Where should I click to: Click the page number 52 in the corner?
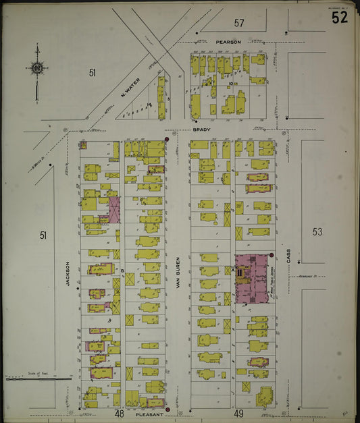[340, 18]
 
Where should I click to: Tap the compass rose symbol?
[36, 67]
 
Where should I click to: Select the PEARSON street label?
[228, 42]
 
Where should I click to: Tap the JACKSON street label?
[68, 274]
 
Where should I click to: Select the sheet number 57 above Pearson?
[239, 23]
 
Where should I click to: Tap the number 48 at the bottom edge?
[119, 413]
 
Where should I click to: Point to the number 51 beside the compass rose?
[93, 72]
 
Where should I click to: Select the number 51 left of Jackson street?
[43, 235]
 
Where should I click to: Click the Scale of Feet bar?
[37, 378]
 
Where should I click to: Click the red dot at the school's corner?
[272, 255]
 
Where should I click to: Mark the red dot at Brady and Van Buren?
[166, 140]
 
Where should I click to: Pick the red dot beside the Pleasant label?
[167, 409]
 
